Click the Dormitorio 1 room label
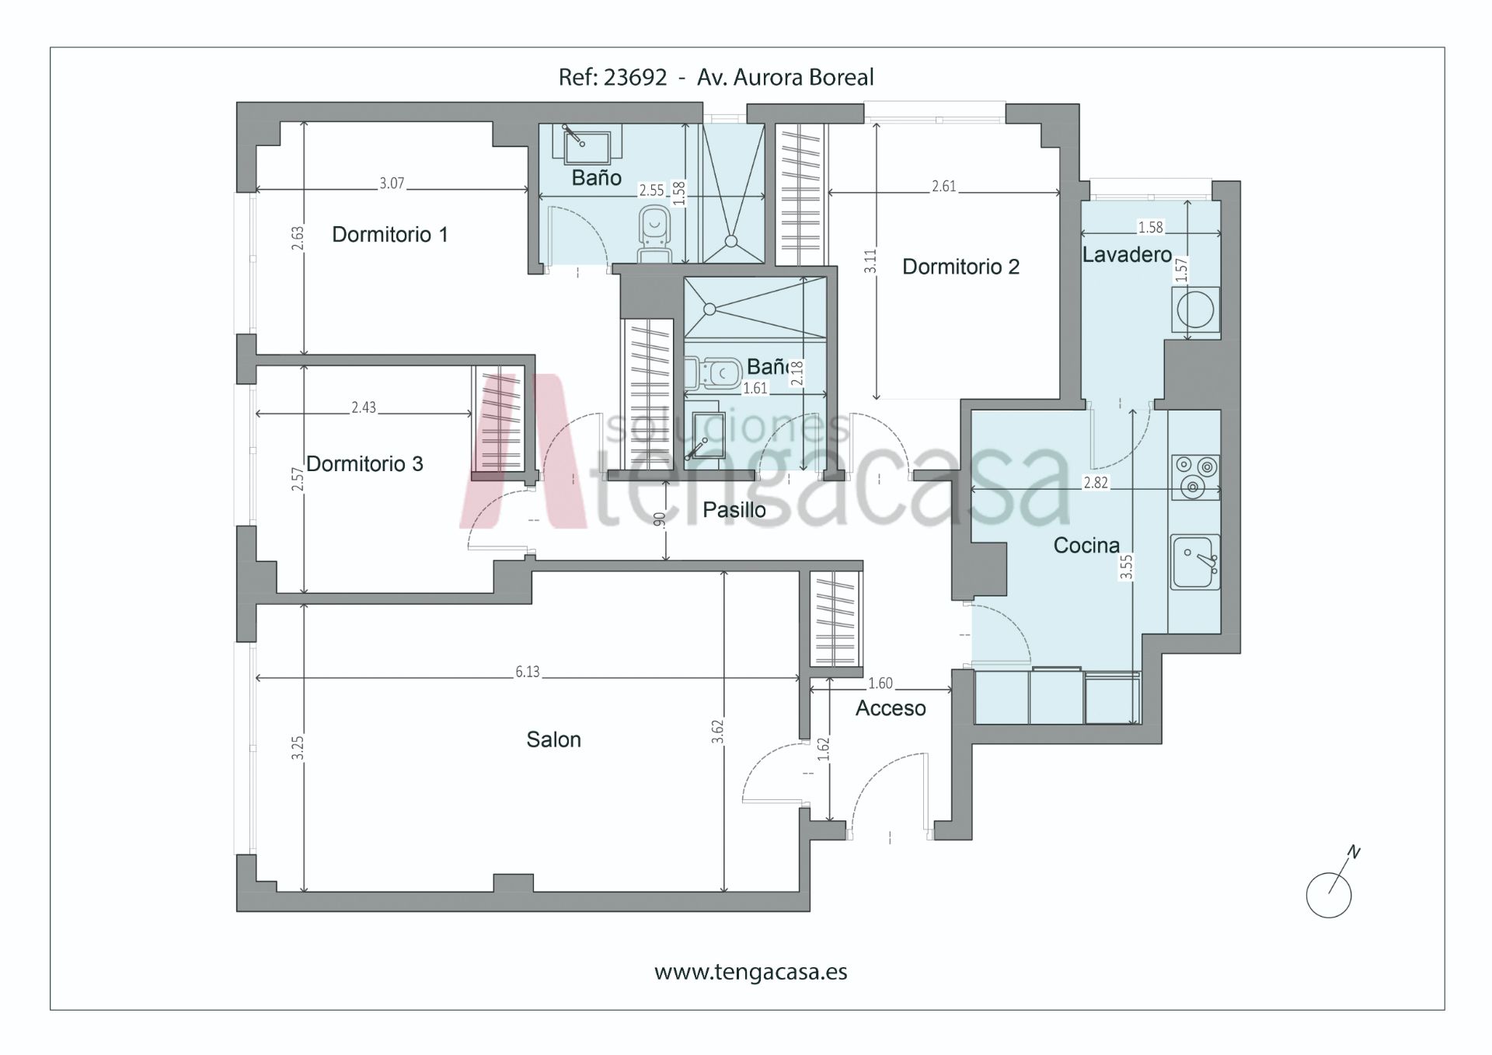390,235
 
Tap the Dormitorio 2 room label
960,267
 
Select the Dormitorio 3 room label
364,464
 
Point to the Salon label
553,739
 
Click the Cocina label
1086,546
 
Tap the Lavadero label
1127,254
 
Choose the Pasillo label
734,510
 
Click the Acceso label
891,708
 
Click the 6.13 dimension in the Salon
528,672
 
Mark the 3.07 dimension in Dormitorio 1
392,183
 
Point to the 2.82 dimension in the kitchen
1096,483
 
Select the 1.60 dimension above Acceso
880,683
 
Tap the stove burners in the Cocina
1195,477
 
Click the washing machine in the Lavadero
1195,310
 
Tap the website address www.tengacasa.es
751,973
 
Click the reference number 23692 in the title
636,77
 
